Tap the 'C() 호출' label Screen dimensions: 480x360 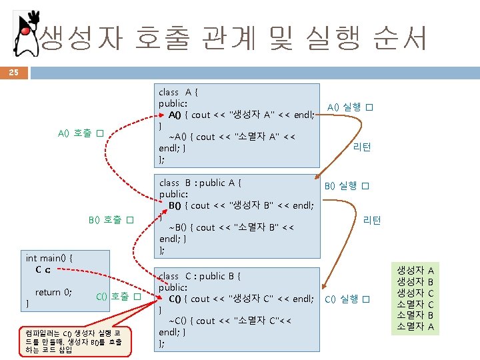coord(118,296)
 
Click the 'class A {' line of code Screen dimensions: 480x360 coord(175,92)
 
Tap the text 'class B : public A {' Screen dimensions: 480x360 coord(201,182)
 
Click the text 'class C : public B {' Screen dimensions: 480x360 coord(200,275)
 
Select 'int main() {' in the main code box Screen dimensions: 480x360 coord(49,257)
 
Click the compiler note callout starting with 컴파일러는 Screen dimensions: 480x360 coord(73,342)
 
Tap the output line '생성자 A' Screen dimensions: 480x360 coord(415,270)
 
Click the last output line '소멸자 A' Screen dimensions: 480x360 coord(415,326)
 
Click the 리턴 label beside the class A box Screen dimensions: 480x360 coord(362,147)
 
